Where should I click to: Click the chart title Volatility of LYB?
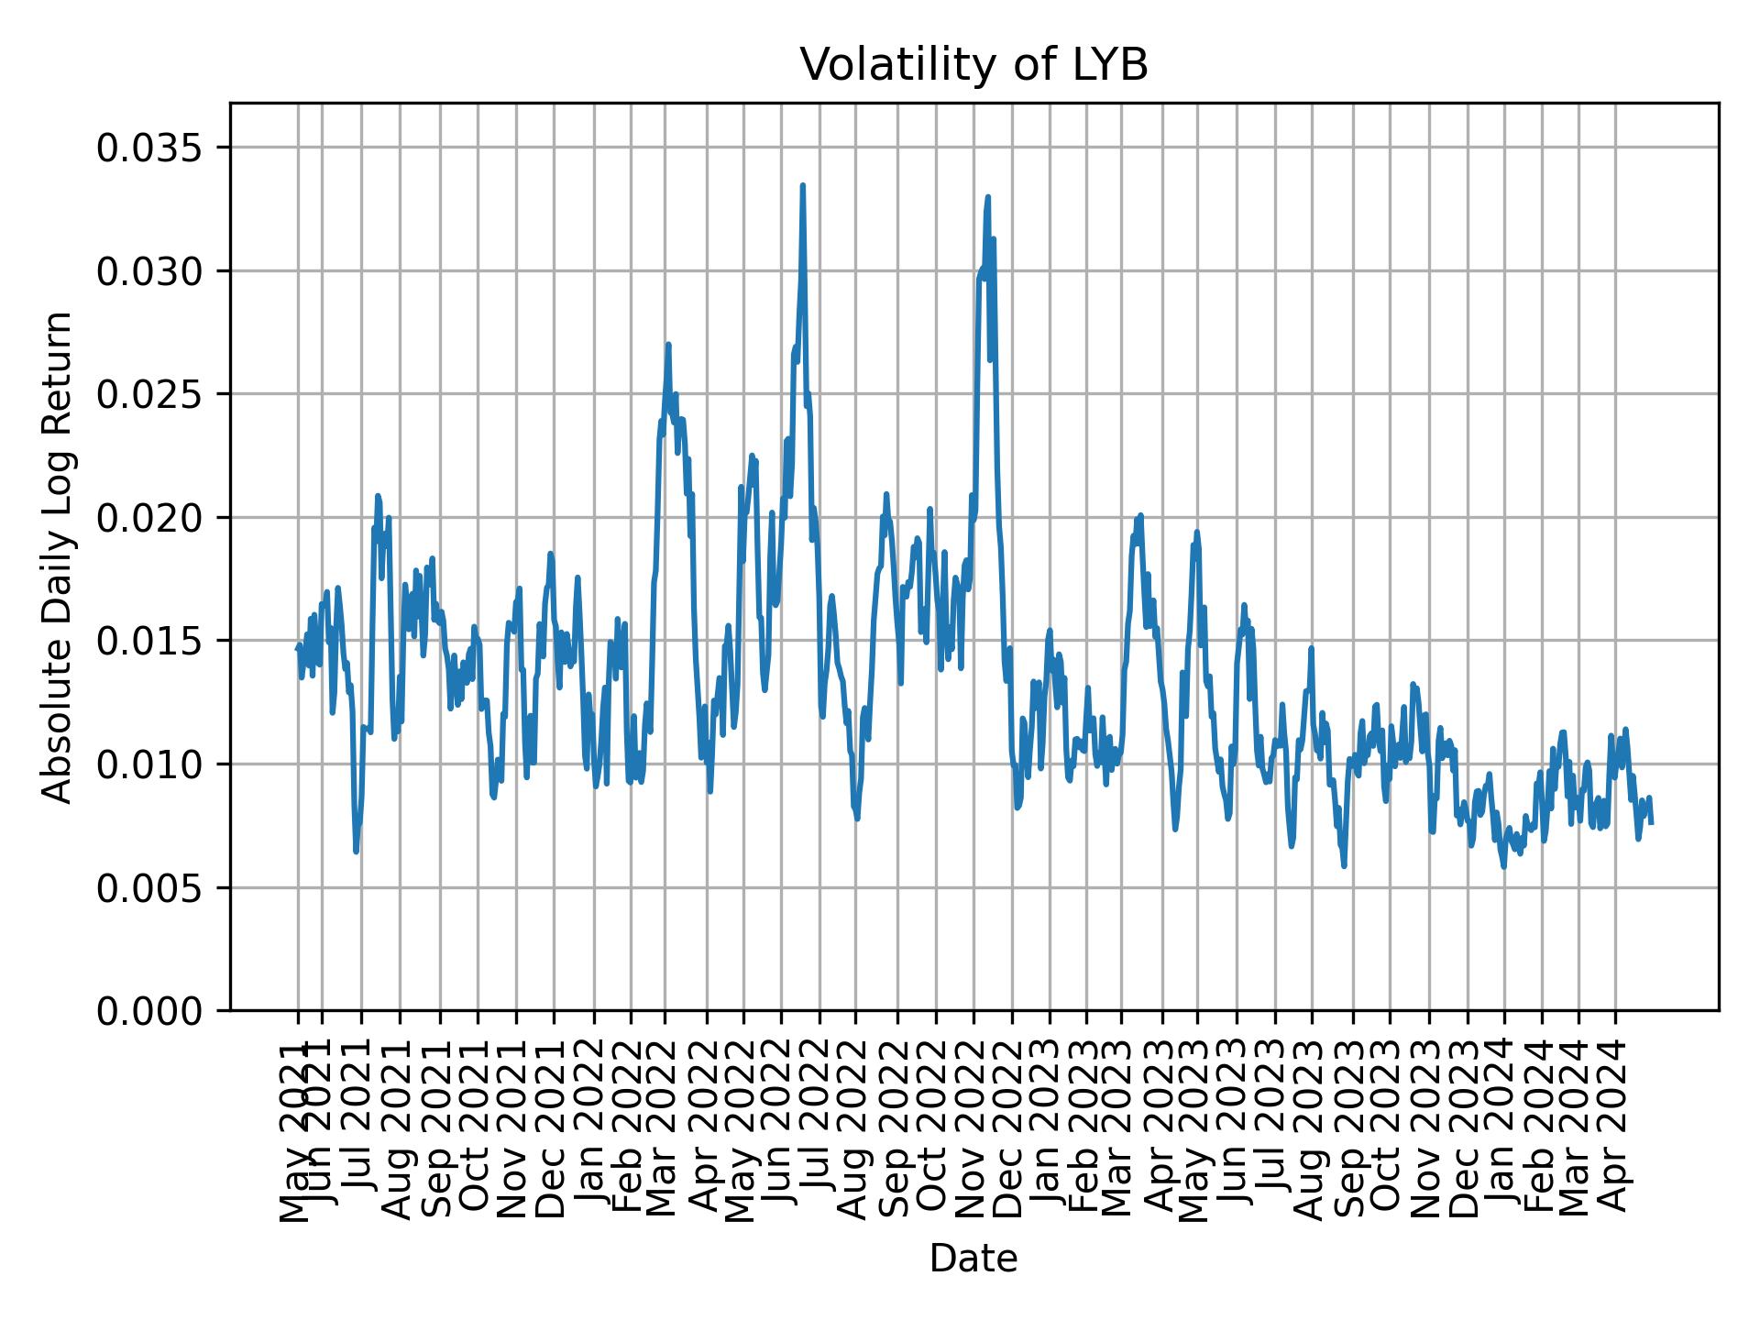click(973, 65)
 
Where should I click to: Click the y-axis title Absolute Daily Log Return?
click(59, 556)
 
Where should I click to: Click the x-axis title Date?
click(973, 1259)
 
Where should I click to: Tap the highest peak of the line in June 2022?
click(802, 185)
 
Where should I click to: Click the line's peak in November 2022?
click(987, 197)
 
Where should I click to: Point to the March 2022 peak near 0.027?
click(668, 345)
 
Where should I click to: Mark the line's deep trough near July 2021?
click(356, 852)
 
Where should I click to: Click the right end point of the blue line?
click(1651, 822)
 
